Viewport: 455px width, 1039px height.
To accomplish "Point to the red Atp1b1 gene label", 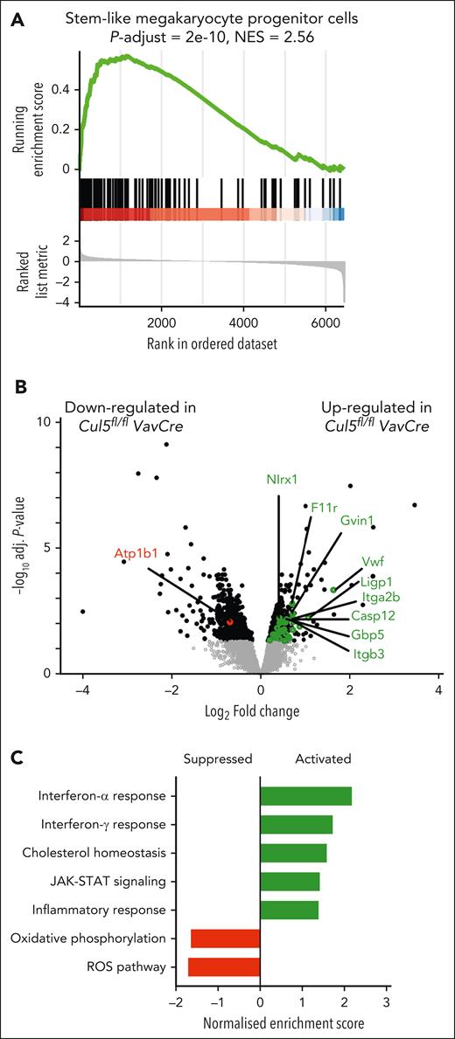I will [x=135, y=553].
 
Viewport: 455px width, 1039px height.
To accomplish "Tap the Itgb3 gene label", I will [x=367, y=651].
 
